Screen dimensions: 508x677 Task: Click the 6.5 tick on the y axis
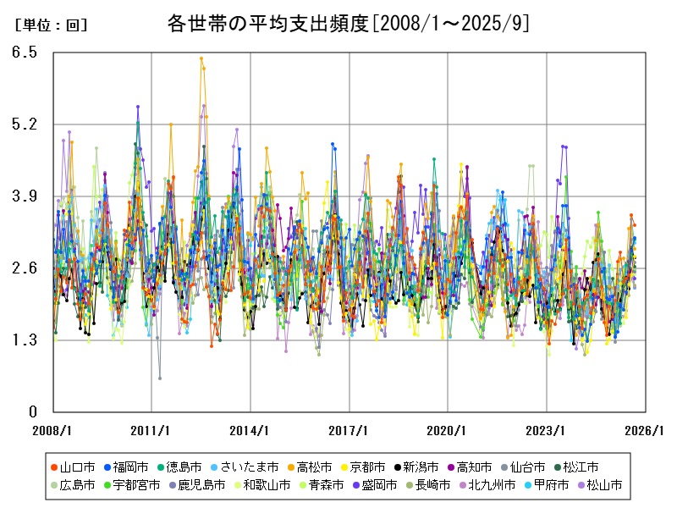(x=25, y=52)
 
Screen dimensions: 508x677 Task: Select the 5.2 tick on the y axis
(x=25, y=124)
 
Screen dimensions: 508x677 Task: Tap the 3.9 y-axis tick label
(x=25, y=196)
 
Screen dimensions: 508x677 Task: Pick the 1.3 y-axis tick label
(x=25, y=340)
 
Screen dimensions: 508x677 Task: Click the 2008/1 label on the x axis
(x=52, y=430)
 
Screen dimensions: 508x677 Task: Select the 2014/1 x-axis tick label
(x=250, y=430)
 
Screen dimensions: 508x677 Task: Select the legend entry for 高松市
(x=309, y=467)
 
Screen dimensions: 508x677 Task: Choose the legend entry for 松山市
(x=603, y=485)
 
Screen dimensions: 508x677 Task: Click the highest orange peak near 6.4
(x=201, y=58)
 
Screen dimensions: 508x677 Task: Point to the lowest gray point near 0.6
(x=160, y=378)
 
